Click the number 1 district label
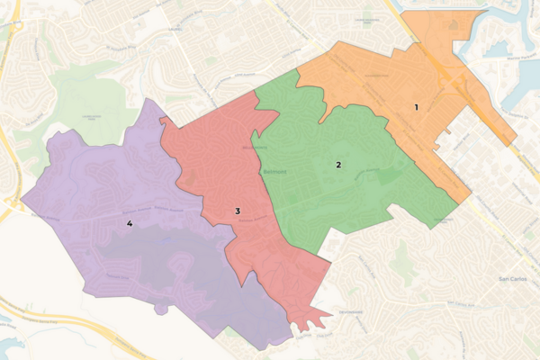(x=416, y=107)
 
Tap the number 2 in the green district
(x=338, y=165)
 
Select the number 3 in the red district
(x=238, y=211)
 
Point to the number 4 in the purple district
(x=130, y=222)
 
